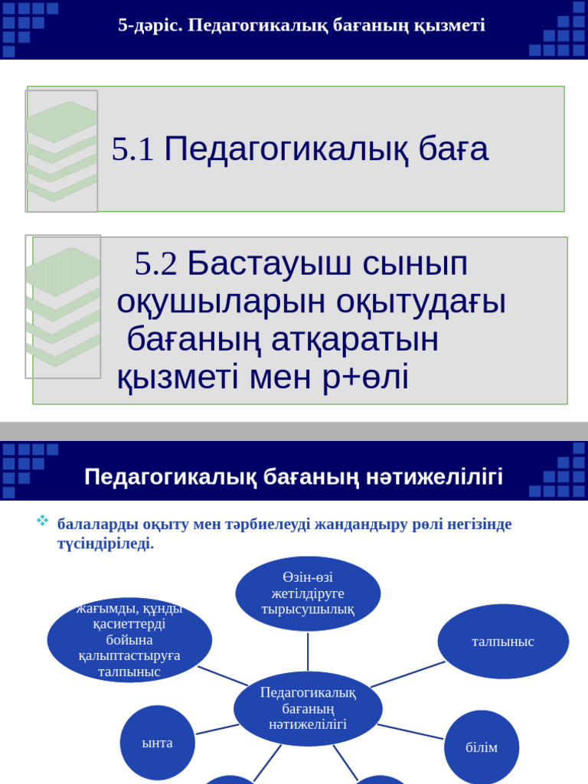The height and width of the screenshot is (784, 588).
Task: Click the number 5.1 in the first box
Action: point(132,150)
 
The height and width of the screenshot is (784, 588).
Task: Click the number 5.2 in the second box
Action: point(155,264)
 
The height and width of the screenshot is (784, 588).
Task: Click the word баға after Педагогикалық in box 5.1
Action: point(453,150)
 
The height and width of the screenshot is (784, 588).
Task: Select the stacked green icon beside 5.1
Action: point(62,151)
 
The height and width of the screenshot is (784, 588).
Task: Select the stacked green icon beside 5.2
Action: point(64,306)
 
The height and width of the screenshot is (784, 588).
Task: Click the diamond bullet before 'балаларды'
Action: point(43,521)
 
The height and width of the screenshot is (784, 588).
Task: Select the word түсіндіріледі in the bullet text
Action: point(106,544)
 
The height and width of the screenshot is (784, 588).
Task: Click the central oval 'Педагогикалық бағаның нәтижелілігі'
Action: point(308,708)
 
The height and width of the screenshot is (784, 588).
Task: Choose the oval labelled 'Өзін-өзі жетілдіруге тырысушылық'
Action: point(308,593)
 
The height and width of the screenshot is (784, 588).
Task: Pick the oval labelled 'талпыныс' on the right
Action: point(503,642)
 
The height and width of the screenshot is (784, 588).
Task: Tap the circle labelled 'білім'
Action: point(482,747)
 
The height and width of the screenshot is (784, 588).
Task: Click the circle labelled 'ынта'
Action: point(158,743)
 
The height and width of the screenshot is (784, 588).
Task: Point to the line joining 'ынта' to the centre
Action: point(216,729)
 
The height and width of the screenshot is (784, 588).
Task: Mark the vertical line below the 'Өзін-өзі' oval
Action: point(308,651)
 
